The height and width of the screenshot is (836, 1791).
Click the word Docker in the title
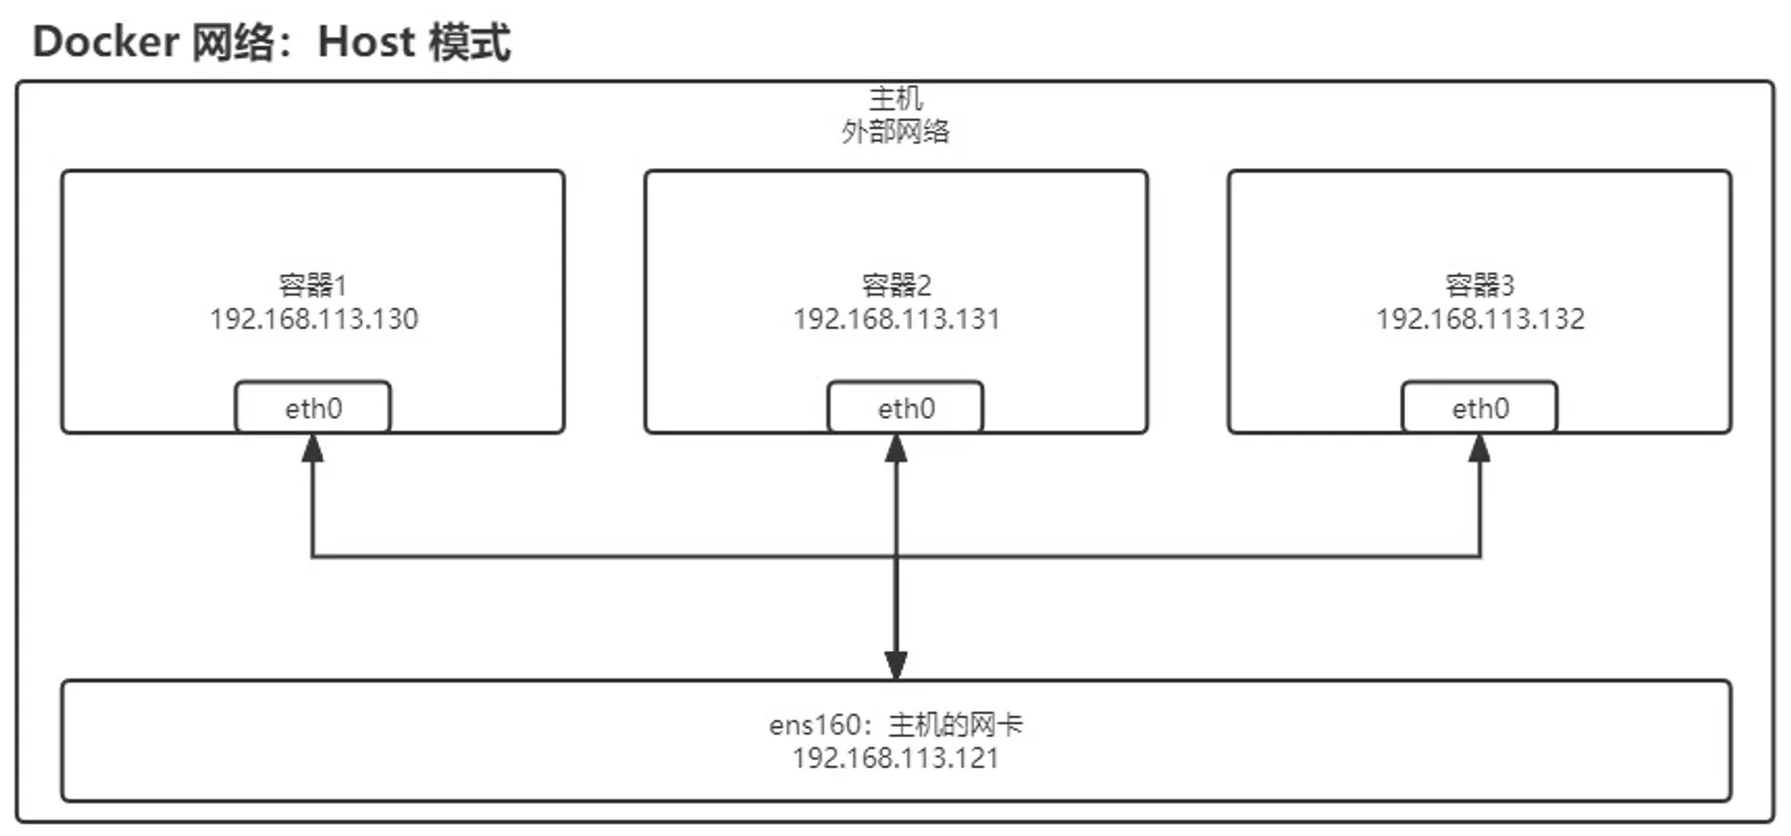pyautogui.click(x=105, y=43)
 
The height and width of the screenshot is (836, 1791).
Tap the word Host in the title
pyautogui.click(x=365, y=43)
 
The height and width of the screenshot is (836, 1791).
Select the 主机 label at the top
pyautogui.click(x=895, y=99)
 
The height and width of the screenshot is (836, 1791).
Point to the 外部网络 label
pyautogui.click(x=895, y=131)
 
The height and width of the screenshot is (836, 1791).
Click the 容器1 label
pyautogui.click(x=312, y=286)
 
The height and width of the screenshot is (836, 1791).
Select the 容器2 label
pyautogui.click(x=896, y=286)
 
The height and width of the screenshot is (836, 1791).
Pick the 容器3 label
pyautogui.click(x=1480, y=286)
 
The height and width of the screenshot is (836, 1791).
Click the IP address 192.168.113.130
pyautogui.click(x=313, y=319)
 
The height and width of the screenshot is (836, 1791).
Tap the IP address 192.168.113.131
pyautogui.click(x=896, y=319)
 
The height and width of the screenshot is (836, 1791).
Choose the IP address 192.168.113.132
pyautogui.click(x=1480, y=319)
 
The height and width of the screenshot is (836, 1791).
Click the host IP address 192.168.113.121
pyautogui.click(x=895, y=758)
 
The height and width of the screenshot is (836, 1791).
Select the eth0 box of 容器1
pyautogui.click(x=313, y=408)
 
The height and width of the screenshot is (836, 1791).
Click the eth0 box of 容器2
pyautogui.click(x=905, y=408)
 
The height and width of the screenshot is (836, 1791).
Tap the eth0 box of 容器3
pyautogui.click(x=1480, y=408)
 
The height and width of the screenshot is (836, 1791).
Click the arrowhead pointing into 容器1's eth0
pyautogui.click(x=313, y=448)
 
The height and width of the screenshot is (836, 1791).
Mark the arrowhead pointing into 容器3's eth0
pyautogui.click(x=1480, y=448)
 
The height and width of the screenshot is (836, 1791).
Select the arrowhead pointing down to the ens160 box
pyautogui.click(x=896, y=665)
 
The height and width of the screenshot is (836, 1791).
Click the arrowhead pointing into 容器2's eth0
pyautogui.click(x=896, y=448)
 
